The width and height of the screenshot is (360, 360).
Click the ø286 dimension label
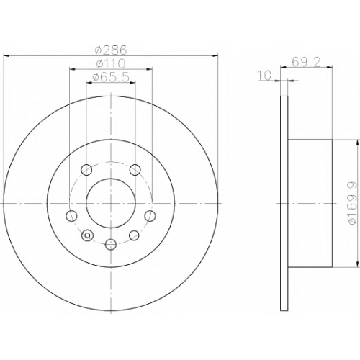click(111, 50)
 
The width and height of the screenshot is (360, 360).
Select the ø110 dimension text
click(111, 63)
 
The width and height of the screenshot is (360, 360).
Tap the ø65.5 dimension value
click(111, 77)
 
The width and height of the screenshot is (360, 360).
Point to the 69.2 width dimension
click(306, 63)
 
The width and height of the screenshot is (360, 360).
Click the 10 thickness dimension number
click(265, 75)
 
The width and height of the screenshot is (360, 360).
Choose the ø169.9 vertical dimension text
click(353, 204)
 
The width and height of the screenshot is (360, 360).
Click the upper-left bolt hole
click(86, 170)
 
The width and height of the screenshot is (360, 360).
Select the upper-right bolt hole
click(135, 170)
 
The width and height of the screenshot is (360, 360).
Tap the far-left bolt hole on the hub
click(71, 215)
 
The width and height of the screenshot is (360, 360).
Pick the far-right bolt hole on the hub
click(150, 215)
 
